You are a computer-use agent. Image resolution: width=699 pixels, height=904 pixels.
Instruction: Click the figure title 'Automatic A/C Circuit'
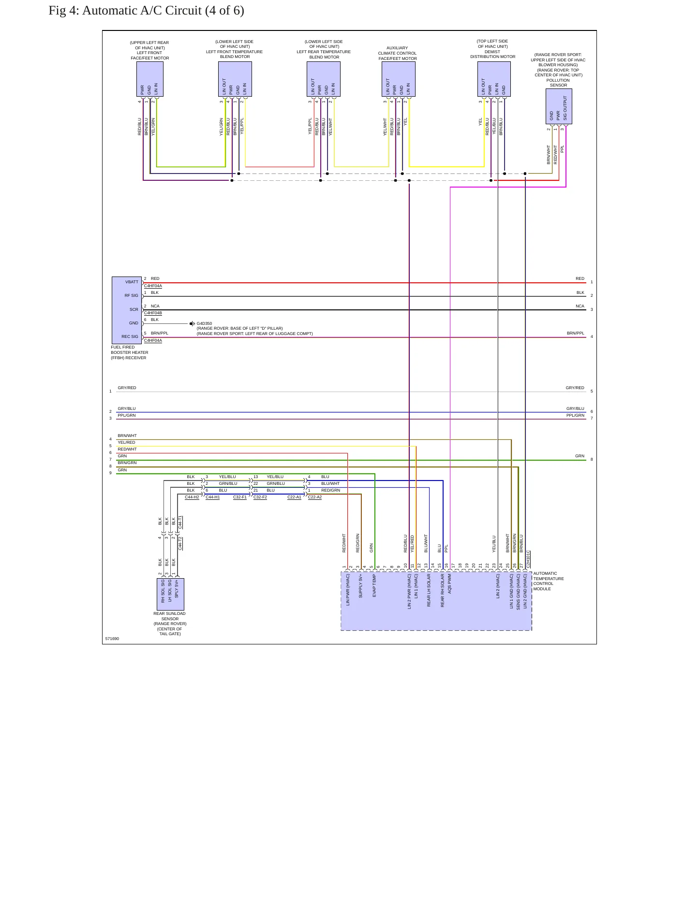142,11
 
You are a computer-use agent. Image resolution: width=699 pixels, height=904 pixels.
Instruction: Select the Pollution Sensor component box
559,107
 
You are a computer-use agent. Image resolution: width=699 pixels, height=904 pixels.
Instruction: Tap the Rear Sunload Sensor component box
170,594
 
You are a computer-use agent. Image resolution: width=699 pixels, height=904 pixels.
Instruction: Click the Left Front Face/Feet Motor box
150,79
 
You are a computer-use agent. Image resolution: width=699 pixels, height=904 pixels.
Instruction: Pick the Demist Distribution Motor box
494,79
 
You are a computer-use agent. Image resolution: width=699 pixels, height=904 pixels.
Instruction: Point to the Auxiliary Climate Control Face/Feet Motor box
399,79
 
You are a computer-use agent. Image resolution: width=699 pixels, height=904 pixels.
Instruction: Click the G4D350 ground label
204,323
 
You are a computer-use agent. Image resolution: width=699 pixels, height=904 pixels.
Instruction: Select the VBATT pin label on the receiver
132,282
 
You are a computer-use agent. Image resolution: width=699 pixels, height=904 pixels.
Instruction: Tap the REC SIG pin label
130,336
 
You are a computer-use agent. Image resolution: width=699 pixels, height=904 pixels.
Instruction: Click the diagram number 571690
112,639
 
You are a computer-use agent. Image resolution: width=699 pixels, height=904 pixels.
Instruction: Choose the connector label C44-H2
192,497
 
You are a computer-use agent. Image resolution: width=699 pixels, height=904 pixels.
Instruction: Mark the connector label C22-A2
315,497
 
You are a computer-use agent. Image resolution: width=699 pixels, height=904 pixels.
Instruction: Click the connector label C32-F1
240,497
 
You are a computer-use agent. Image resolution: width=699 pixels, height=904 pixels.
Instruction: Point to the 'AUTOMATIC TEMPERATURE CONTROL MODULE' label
549,581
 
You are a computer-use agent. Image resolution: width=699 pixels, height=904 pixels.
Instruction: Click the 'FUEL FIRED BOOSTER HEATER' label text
130,352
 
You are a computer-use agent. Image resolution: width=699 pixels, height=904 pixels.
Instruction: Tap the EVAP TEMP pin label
374,585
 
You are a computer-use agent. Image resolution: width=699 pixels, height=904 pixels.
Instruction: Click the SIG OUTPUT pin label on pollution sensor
565,108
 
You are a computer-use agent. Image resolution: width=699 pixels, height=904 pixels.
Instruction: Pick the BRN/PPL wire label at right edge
576,333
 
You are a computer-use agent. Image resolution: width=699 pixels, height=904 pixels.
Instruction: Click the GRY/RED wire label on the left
127,388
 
